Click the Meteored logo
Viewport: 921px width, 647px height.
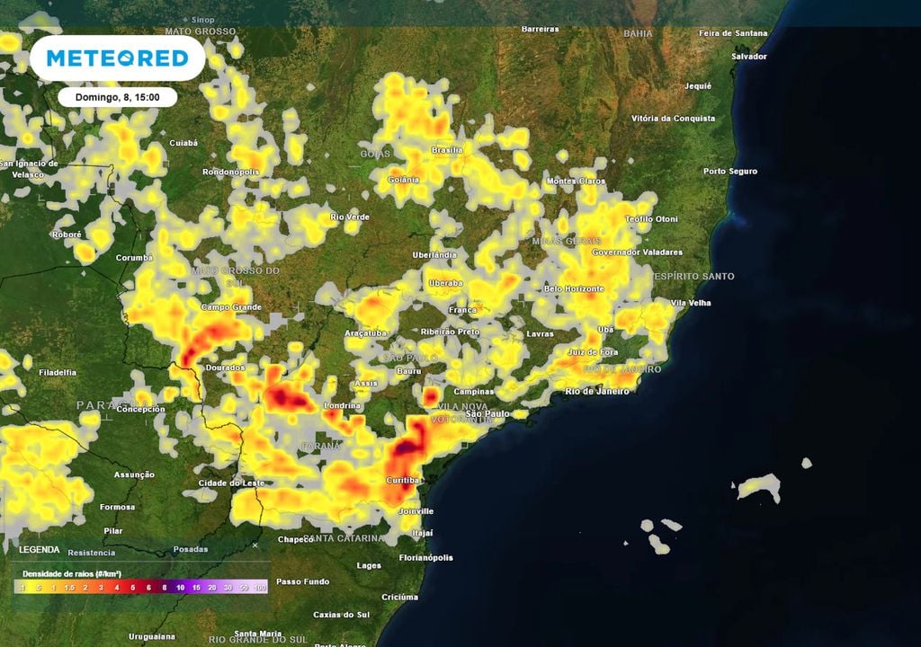point(117,58)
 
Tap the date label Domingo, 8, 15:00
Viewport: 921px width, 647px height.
point(118,96)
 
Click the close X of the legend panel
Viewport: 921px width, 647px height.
point(255,545)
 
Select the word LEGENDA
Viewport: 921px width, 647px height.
point(39,549)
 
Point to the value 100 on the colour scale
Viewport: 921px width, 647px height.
point(261,587)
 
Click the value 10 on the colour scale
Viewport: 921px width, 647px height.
point(181,587)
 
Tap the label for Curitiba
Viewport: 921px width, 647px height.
point(403,481)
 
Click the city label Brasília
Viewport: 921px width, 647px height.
point(447,149)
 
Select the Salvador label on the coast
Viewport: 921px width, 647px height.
point(749,56)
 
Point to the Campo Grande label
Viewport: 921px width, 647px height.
point(231,307)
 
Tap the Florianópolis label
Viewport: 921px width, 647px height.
point(425,558)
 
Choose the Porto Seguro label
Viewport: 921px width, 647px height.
point(730,171)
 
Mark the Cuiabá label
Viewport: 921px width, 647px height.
point(183,142)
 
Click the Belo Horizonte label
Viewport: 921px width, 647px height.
point(574,288)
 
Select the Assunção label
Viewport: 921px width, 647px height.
point(134,474)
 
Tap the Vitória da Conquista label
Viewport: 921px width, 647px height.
point(674,119)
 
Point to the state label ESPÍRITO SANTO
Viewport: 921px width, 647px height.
point(693,276)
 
